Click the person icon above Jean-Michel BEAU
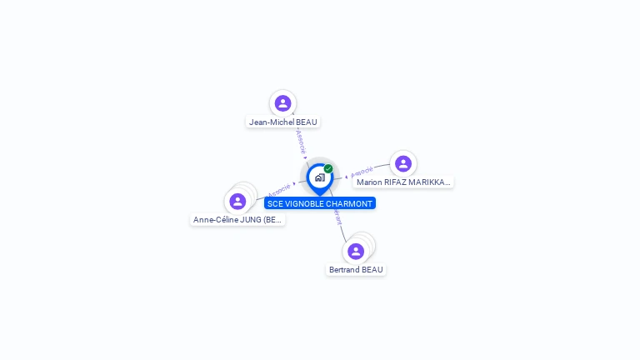282,102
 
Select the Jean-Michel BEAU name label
283,122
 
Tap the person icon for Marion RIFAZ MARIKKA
403,163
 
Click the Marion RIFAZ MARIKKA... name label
402,182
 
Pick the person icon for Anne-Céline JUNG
237,201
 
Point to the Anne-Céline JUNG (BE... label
237,220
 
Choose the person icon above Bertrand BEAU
356,251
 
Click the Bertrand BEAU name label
356,270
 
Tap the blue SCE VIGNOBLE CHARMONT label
320,203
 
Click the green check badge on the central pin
328,168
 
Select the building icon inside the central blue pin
319,177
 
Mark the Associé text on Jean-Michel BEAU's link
300,141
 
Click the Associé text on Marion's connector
362,172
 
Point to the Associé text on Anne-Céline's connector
278,191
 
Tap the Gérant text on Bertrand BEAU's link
337,216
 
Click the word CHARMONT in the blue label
350,203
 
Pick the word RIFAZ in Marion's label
396,182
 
